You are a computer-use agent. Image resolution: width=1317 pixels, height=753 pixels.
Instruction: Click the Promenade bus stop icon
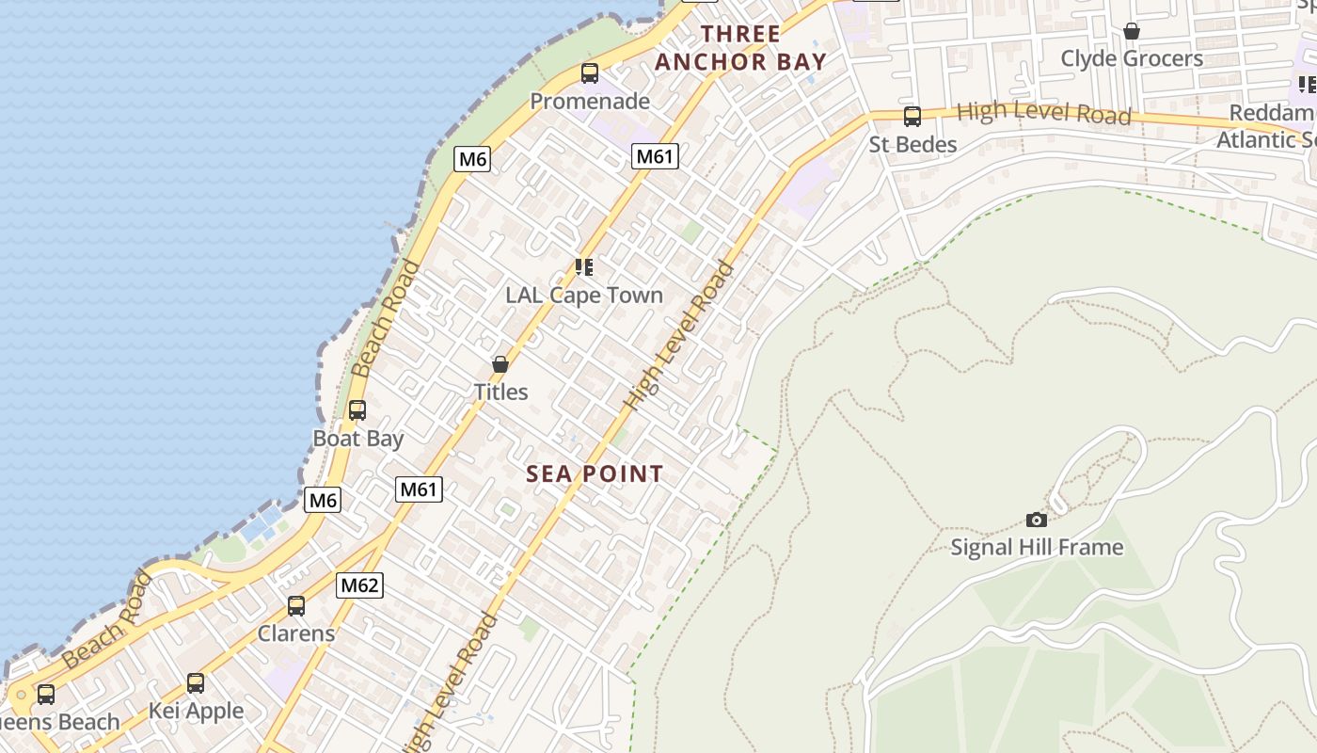590,73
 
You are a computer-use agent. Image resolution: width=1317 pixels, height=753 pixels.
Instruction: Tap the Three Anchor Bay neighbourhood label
740,48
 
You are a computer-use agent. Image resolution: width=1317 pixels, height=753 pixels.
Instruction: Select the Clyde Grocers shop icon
1132,31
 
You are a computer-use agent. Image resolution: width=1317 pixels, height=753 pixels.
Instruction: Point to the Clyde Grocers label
1132,58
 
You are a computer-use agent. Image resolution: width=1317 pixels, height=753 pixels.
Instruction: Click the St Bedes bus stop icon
912,117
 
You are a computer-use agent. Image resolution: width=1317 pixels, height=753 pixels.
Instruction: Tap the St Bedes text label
912,144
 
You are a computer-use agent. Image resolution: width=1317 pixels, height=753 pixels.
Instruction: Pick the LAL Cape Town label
584,295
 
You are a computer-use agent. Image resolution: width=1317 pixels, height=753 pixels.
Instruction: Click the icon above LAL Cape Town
584,267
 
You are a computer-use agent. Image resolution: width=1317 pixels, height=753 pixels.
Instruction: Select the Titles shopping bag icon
500,364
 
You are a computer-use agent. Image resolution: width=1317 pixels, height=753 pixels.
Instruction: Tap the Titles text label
500,392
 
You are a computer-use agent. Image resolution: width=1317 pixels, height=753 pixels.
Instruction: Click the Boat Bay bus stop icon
357,410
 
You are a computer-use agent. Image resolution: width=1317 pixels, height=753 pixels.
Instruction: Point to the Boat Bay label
357,439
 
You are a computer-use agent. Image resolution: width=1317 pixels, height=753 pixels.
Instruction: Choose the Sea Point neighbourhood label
595,473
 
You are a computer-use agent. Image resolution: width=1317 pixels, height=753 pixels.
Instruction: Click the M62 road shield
359,585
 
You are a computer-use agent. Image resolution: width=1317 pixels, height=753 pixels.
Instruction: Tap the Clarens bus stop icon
296,606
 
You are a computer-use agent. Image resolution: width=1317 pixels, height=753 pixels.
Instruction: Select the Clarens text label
296,633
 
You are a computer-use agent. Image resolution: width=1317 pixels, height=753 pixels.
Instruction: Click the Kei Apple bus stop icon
196,683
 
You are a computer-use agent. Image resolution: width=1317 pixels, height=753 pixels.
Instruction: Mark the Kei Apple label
196,711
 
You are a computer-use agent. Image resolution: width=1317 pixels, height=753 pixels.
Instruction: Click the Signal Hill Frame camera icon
1037,520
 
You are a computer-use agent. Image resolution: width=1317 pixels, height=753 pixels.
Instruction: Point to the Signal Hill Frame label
1037,547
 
